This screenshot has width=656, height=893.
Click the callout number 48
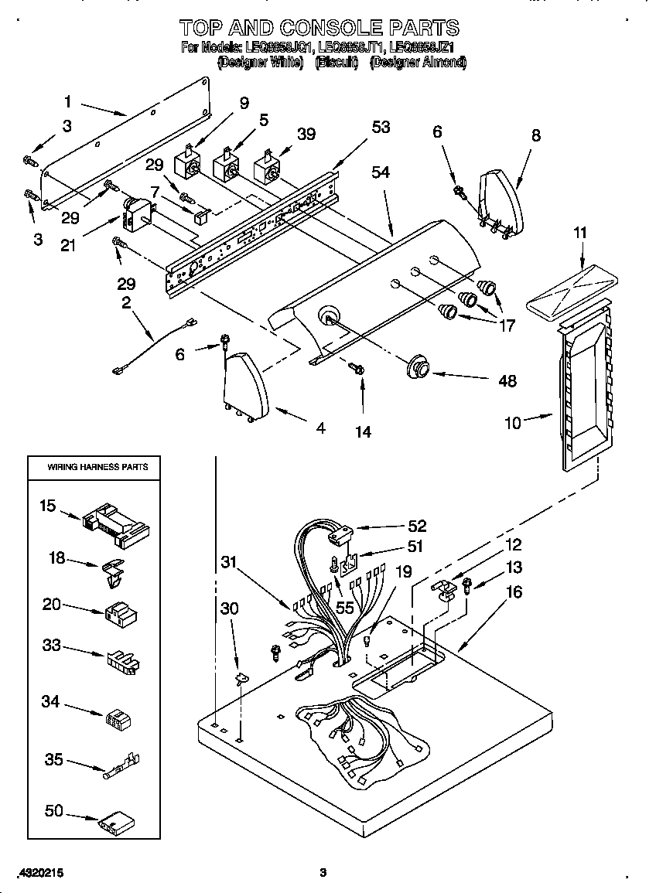click(x=507, y=380)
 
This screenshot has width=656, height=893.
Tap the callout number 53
click(x=381, y=128)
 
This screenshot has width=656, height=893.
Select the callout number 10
click(x=513, y=422)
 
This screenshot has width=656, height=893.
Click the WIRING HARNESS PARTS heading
click(x=97, y=467)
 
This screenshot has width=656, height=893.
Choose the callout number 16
click(x=513, y=592)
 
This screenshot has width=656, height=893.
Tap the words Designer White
click(x=260, y=63)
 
